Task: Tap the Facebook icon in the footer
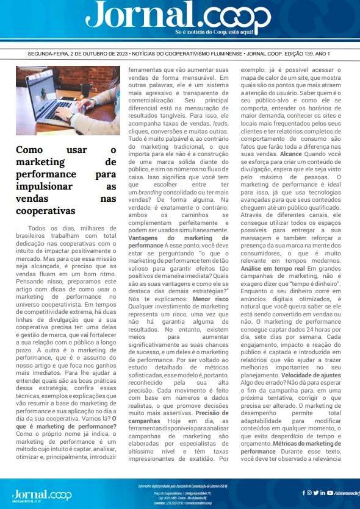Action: (x=302, y=493)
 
